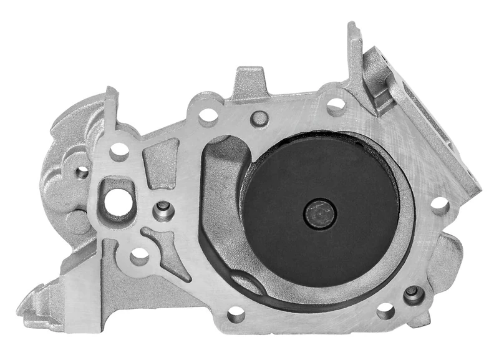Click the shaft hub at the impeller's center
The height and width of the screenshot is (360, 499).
click(x=319, y=214)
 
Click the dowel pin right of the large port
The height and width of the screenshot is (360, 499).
click(x=163, y=210)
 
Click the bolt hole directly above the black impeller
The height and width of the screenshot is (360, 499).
click(x=336, y=106)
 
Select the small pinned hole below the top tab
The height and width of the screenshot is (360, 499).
click(x=258, y=119)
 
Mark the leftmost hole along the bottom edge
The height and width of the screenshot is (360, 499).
click(x=236, y=314)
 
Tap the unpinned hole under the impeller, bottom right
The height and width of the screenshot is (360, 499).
click(x=385, y=310)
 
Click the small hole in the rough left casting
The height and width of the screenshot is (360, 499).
click(x=82, y=172)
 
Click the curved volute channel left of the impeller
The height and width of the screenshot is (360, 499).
click(x=221, y=206)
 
